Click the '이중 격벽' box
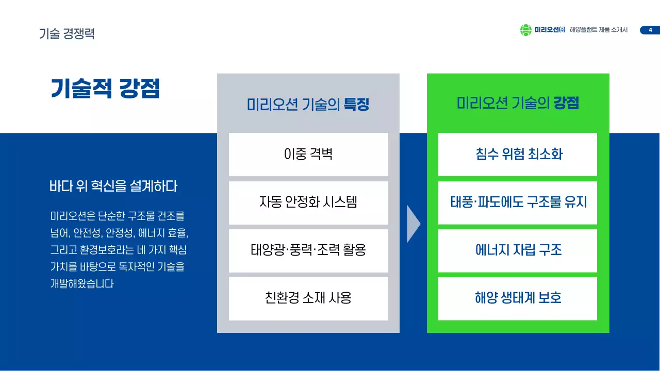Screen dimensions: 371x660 [308, 154]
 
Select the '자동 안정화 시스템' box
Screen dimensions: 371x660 [308, 202]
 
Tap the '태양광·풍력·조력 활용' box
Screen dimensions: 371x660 [308, 250]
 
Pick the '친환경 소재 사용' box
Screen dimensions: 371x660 [308, 298]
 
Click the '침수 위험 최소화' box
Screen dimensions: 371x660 [518, 154]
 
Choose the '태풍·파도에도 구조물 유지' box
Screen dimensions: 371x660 [518, 202]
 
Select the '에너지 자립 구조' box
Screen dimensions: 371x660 [518, 250]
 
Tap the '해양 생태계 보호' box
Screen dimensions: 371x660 [518, 298]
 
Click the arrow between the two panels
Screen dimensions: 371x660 [413, 224]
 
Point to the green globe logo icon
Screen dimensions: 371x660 [525, 30]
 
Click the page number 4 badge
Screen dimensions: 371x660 [650, 30]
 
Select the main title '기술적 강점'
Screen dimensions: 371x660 [105, 88]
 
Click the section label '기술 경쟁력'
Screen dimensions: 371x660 [67, 34]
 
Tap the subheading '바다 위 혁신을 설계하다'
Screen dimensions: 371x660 [113, 186]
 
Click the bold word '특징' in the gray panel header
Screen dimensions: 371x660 [357, 105]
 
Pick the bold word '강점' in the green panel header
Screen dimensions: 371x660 [566, 104]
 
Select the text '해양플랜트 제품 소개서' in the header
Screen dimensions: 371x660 [599, 30]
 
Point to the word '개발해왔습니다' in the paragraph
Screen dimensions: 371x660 [81, 284]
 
